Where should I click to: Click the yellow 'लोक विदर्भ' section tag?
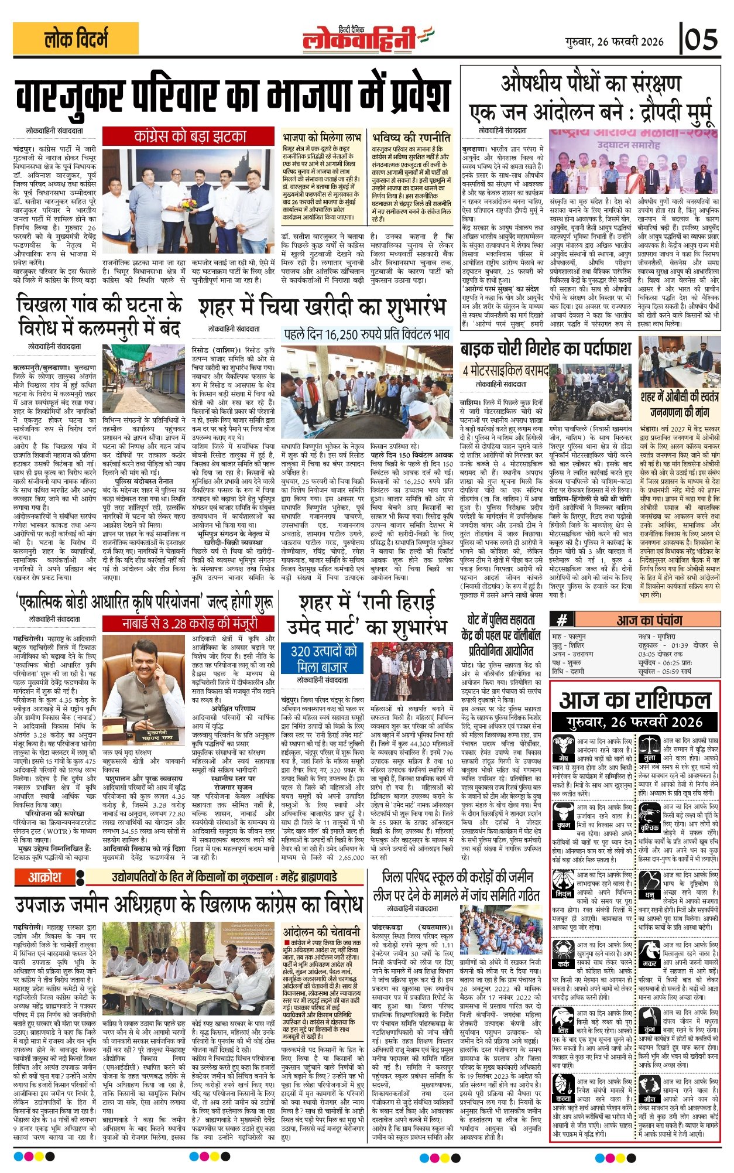(76, 39)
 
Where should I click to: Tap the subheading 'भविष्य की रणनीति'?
(411, 138)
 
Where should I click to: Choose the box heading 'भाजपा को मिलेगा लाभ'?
(321, 138)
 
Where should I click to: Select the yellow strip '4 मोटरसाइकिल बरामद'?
(505, 371)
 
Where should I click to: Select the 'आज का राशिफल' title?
(634, 700)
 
